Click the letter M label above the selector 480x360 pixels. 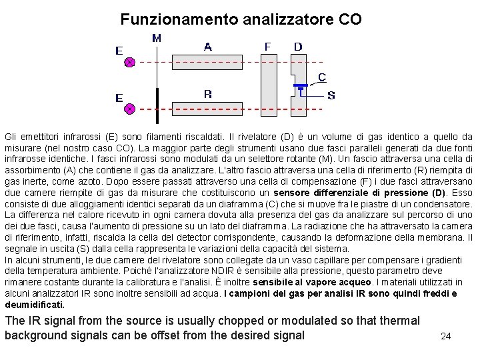[157, 39]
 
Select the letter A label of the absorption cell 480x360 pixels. [208, 47]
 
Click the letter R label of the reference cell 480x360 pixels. [208, 94]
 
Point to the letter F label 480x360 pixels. [267, 47]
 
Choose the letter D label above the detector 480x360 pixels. [298, 47]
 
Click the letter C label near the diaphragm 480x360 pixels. [322, 77]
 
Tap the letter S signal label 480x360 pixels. [331, 95]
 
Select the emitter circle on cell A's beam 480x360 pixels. [130, 62]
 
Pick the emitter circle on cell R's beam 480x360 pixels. [130, 108]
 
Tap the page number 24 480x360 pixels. [446, 336]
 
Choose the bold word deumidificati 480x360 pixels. [35, 304]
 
